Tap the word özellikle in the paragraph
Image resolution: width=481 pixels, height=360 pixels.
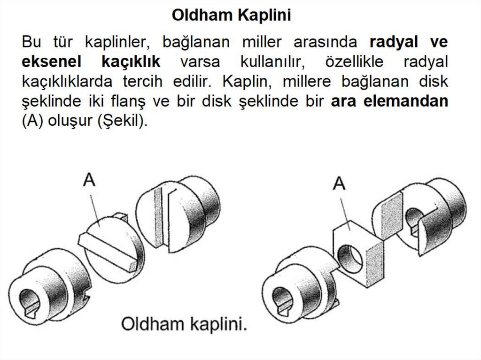click(x=348, y=62)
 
